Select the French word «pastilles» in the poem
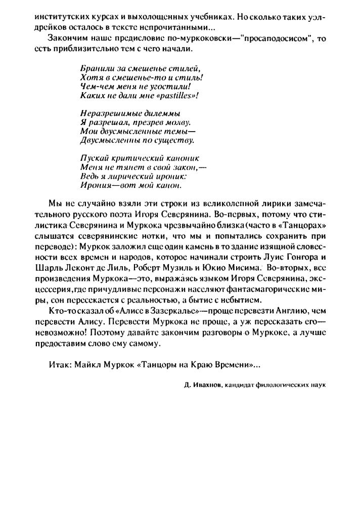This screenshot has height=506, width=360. (x=177, y=95)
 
